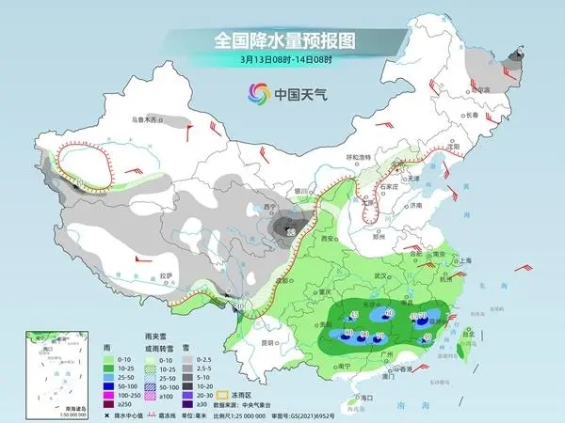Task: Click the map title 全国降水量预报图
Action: pos(282,41)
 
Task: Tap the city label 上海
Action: pos(461,260)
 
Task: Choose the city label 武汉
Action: pos(381,274)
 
